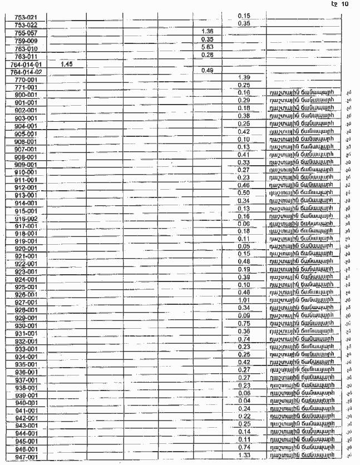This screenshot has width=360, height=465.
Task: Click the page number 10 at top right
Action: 344,4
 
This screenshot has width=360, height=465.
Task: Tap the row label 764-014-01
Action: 26,65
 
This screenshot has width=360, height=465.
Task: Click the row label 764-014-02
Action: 26,72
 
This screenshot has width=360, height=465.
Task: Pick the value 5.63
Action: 208,47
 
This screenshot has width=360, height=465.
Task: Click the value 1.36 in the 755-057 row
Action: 208,31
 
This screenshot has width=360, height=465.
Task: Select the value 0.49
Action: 208,70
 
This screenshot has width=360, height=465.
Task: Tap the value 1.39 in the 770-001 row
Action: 243,77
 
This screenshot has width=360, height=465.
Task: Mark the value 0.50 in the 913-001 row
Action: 243,192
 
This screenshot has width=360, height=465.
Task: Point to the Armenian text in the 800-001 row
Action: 301,92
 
